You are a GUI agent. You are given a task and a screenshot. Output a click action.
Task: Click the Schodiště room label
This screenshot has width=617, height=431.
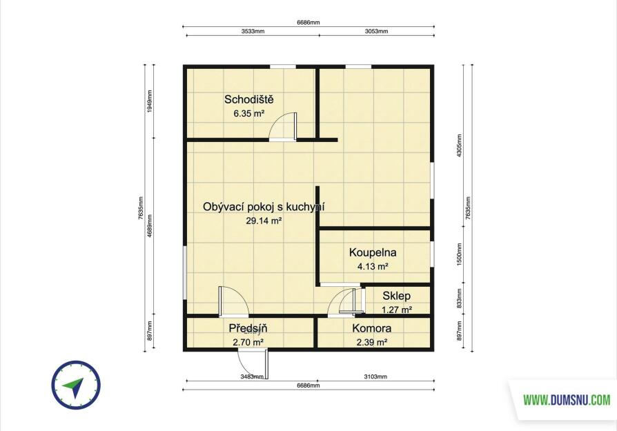click(x=248, y=99)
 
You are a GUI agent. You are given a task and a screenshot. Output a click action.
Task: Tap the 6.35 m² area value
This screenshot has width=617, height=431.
click(x=248, y=114)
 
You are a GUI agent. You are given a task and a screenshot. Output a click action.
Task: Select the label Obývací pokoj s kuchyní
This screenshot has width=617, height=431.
click(x=264, y=207)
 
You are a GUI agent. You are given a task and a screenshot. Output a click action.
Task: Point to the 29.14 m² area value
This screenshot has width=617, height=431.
click(x=264, y=221)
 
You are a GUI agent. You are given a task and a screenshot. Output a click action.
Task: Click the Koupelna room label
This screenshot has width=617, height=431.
click(x=373, y=252)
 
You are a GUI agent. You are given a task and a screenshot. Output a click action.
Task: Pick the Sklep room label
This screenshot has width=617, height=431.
click(x=396, y=296)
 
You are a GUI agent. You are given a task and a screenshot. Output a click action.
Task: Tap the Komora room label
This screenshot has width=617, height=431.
click(x=372, y=328)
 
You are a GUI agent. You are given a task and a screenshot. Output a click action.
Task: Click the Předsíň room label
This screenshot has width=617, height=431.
click(x=248, y=328)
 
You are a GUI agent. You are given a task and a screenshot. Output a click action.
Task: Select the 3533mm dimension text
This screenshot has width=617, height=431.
click(x=253, y=32)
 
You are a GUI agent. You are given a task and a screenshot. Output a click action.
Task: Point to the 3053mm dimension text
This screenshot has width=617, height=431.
click(x=377, y=32)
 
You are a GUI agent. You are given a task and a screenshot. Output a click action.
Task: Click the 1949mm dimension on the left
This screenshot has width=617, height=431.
click(x=150, y=101)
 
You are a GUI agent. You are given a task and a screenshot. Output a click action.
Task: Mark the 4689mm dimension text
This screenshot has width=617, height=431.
click(x=150, y=225)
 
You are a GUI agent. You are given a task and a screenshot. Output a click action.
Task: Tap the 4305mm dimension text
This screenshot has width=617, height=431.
click(x=459, y=146)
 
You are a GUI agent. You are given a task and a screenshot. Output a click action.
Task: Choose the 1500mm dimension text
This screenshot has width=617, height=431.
click(x=459, y=254)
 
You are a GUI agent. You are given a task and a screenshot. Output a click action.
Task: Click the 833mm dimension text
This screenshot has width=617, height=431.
click(x=459, y=299)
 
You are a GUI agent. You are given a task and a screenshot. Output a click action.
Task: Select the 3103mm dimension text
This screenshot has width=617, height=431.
click(x=375, y=377)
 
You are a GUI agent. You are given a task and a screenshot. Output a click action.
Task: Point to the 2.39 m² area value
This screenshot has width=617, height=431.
click(x=372, y=343)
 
